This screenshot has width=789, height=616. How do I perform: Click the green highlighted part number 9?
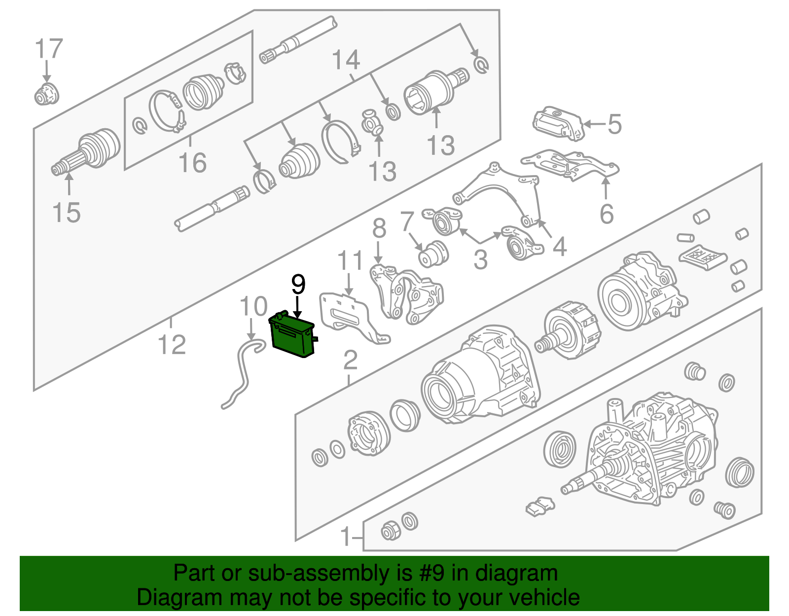[292, 334]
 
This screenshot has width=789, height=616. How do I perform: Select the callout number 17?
[49, 49]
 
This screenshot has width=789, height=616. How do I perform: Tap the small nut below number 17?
[47, 94]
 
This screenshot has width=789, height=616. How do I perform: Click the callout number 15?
[66, 213]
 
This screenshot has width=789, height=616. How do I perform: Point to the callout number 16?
[193, 162]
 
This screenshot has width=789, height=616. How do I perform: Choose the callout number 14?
[346, 60]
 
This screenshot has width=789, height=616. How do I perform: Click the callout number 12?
[172, 344]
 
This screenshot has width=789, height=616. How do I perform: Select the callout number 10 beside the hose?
[254, 306]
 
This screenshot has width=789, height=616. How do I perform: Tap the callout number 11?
[350, 260]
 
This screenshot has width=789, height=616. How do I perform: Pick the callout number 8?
[379, 229]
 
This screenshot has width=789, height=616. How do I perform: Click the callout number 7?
[407, 221]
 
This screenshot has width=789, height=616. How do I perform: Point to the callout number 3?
[480, 259]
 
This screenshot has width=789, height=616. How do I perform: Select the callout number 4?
[559, 247]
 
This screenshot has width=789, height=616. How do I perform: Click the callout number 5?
[614, 124]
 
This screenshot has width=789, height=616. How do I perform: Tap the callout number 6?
[607, 214]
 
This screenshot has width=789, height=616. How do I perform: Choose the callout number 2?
[351, 360]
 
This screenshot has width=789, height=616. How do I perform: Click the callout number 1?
[346, 537]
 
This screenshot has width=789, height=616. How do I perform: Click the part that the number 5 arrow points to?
[559, 123]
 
